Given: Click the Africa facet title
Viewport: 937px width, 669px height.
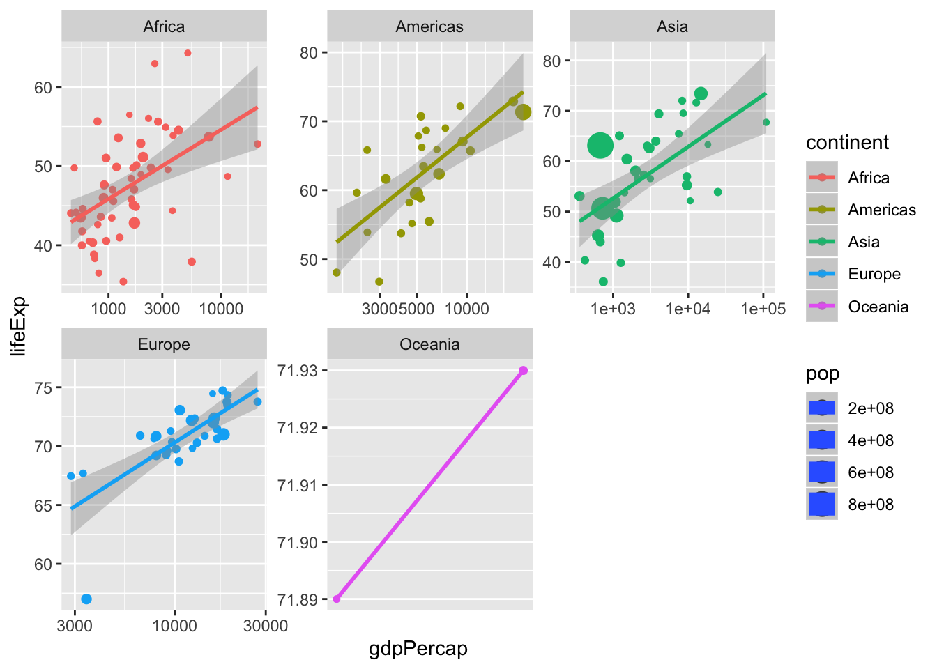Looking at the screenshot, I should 164,27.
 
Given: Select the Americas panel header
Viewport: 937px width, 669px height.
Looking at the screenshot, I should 429,27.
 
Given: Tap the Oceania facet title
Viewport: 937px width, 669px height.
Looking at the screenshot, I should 429,344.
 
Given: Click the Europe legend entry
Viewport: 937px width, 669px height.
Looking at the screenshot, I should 874,275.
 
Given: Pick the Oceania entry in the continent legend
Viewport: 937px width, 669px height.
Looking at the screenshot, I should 878,307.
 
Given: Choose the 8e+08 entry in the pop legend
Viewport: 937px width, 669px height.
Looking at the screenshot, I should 870,505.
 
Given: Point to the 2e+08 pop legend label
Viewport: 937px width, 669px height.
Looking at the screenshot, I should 870,408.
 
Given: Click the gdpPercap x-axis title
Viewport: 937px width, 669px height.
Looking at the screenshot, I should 418,649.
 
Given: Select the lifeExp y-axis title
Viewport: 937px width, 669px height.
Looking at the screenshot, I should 20,326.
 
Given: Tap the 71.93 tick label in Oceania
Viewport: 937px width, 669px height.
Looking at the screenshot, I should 298,370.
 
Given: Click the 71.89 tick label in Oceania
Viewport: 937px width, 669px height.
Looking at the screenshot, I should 298,599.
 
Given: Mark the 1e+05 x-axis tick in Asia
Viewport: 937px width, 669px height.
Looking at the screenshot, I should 763,309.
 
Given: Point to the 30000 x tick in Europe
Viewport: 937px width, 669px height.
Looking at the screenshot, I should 266,626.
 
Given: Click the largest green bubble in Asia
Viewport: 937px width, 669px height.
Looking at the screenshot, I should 600,146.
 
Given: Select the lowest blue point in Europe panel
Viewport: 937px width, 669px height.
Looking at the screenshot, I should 86,599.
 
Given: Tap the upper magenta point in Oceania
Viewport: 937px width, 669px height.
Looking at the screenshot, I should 523,370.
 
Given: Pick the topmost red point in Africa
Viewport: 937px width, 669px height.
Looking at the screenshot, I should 188,53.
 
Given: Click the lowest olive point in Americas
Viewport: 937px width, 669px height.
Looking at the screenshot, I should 379,282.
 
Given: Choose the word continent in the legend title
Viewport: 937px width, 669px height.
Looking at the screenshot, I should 847,143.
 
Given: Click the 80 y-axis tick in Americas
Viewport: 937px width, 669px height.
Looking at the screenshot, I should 309,53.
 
